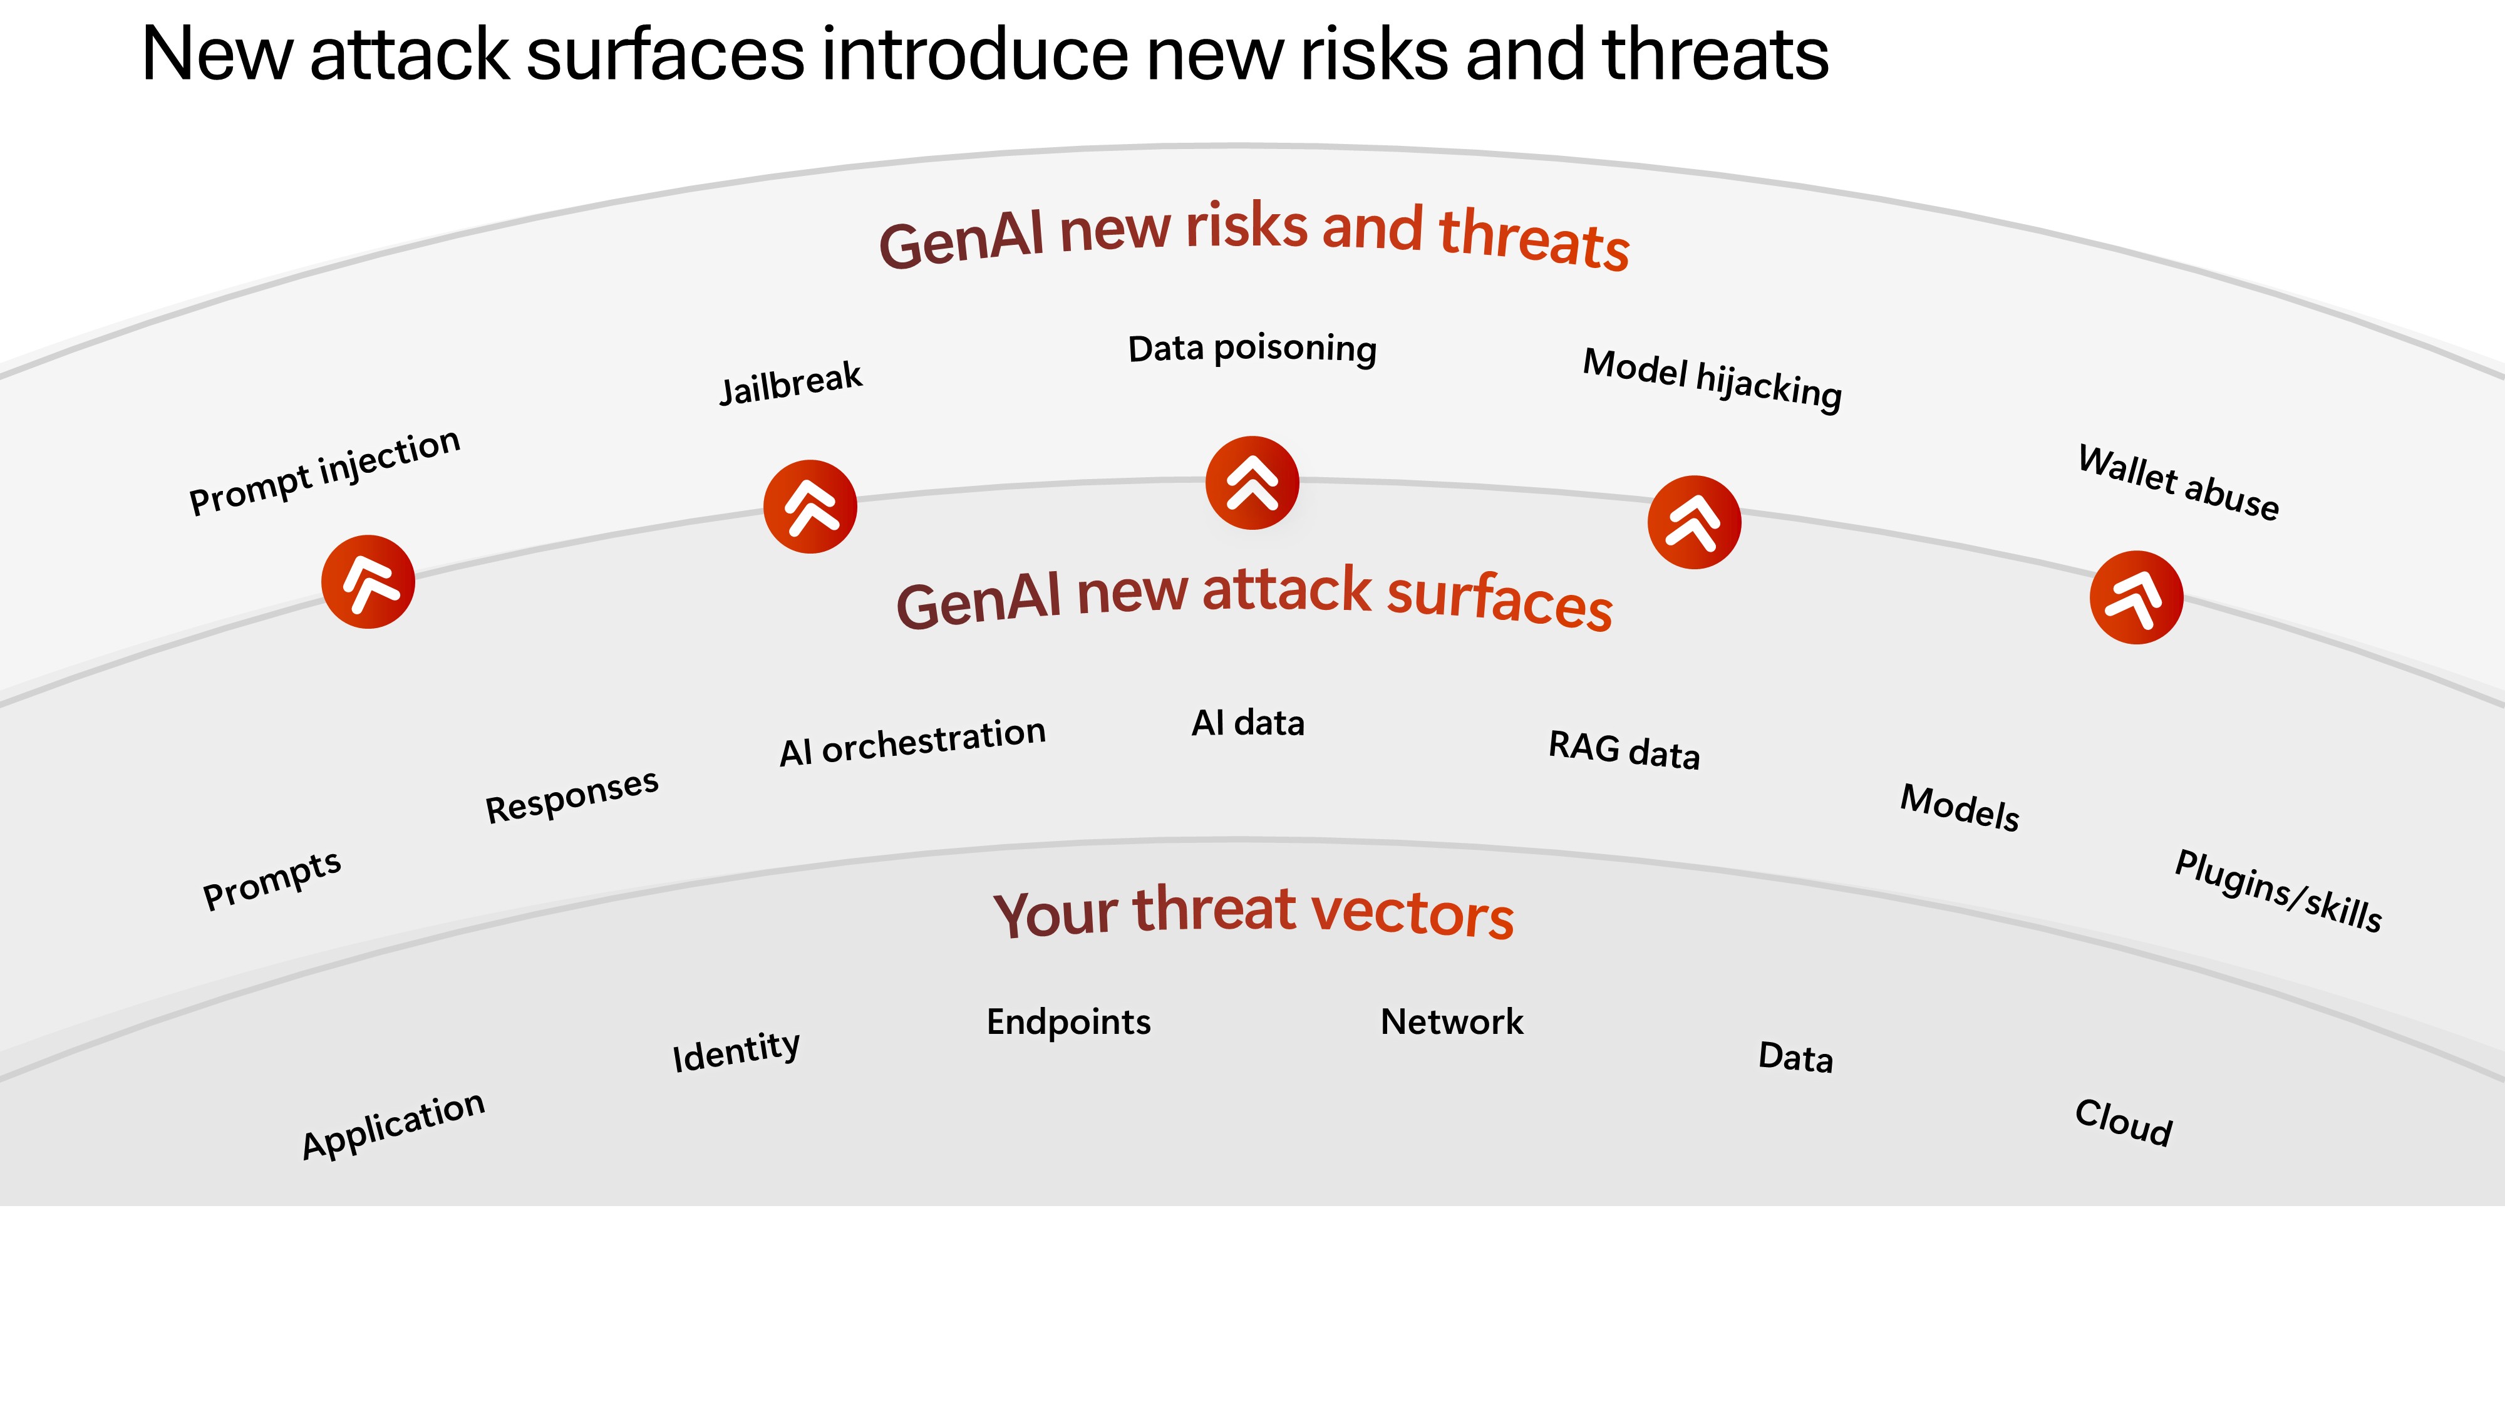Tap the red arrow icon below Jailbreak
[x=810, y=507]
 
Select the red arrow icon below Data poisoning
[x=1252, y=483]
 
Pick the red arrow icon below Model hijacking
[x=1694, y=522]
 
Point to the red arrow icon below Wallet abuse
[x=2136, y=597]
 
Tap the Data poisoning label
[x=1252, y=348]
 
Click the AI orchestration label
[x=912, y=742]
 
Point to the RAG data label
[x=1624, y=750]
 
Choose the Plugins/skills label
[x=2278, y=890]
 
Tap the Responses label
[x=572, y=795]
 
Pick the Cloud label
[x=2124, y=1123]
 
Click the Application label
[x=393, y=1125]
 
